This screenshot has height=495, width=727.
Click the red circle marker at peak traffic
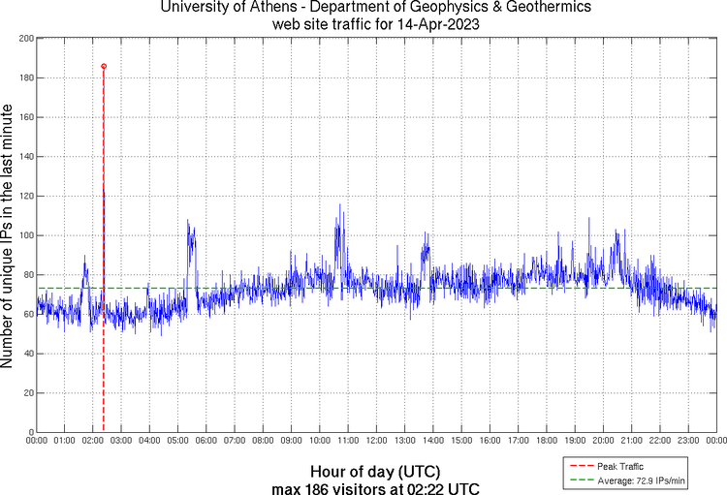(104, 67)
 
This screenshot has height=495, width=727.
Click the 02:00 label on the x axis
(93, 441)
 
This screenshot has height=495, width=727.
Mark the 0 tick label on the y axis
(29, 432)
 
